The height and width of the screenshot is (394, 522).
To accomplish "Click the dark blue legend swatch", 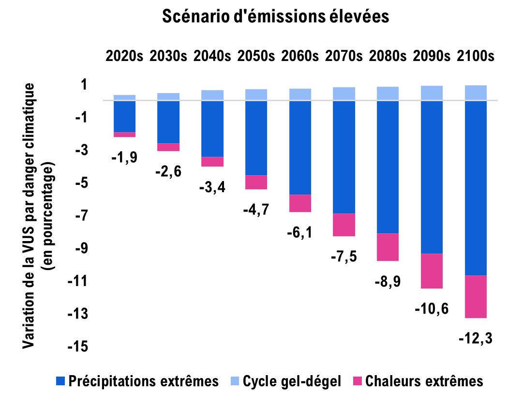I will point(60,381).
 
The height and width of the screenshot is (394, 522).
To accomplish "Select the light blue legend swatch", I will point(235,381).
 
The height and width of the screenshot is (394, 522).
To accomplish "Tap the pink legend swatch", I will point(358,381).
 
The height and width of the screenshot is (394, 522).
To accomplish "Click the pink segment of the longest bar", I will point(476,297).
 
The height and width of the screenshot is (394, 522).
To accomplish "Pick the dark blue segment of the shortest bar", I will point(125,116).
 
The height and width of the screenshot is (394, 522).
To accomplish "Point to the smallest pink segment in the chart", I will point(125,135).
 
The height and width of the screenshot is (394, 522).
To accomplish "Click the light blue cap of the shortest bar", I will point(125,97).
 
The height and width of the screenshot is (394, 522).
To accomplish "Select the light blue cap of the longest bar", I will point(476,92).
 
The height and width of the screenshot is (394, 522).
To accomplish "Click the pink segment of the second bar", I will point(168,147).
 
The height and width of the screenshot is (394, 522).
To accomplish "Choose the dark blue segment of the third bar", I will point(212,129).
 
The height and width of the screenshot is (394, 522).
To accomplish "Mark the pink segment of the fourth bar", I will point(256,182).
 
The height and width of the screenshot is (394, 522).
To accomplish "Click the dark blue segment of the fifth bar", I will point(300,148).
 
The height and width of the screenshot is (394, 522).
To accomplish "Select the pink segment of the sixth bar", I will point(344,225).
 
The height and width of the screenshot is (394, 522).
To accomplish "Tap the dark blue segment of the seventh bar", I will point(388,167).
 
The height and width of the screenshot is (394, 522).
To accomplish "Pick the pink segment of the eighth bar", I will point(432,271).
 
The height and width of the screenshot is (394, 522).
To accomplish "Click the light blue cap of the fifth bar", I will point(300,94).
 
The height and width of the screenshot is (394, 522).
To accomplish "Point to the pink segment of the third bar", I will point(212,162).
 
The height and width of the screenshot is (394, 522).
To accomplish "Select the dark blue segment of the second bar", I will point(168,122).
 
